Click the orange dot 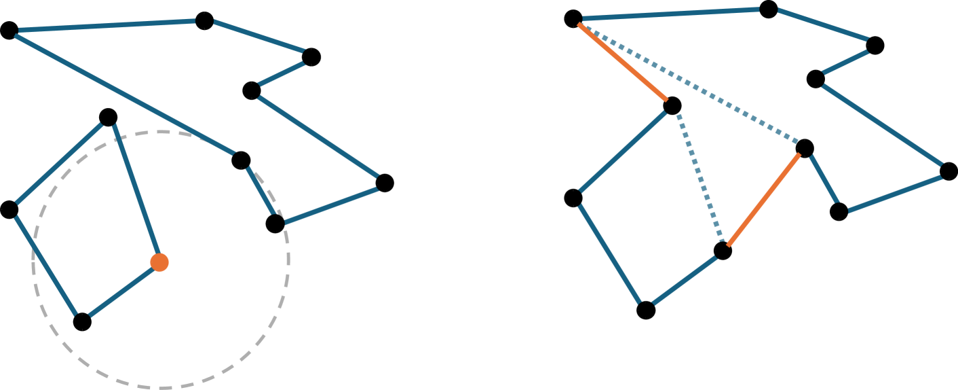click(x=159, y=262)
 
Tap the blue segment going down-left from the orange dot click(x=123, y=291)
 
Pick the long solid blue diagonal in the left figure click(x=125, y=94)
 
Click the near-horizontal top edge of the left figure click(x=107, y=26)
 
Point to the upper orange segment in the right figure click(x=623, y=62)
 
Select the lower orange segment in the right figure click(x=764, y=200)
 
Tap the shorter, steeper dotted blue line click(x=700, y=178)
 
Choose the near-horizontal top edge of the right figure click(x=670, y=14)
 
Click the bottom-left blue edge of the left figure click(x=45, y=266)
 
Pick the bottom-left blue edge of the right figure click(x=609, y=254)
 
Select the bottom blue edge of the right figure click(x=685, y=281)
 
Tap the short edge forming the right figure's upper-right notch click(x=845, y=62)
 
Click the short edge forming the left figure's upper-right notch click(x=282, y=74)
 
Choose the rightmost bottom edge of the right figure click(x=895, y=194)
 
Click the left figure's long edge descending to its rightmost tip click(x=318, y=137)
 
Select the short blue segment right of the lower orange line click(x=824, y=179)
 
